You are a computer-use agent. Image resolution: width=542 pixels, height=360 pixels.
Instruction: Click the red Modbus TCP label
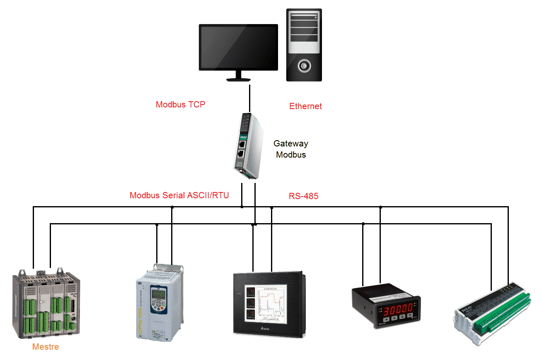point(180,105)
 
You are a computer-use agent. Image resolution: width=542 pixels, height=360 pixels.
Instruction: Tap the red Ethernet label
point(305,106)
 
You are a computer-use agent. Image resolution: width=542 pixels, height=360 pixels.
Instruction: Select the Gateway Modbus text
point(291,149)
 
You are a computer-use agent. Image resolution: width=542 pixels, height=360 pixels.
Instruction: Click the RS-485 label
point(304,196)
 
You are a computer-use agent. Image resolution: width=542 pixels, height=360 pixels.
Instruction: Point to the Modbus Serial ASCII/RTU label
point(179,195)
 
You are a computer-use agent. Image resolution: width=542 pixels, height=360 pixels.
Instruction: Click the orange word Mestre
point(46,347)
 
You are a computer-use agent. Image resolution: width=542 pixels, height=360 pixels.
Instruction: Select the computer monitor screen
point(238,47)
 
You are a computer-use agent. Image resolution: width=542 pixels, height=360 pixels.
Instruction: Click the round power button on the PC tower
point(305,65)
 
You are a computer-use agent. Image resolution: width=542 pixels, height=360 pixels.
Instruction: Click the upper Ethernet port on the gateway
point(241,144)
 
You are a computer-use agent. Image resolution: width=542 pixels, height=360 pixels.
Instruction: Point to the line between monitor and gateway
point(250,98)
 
